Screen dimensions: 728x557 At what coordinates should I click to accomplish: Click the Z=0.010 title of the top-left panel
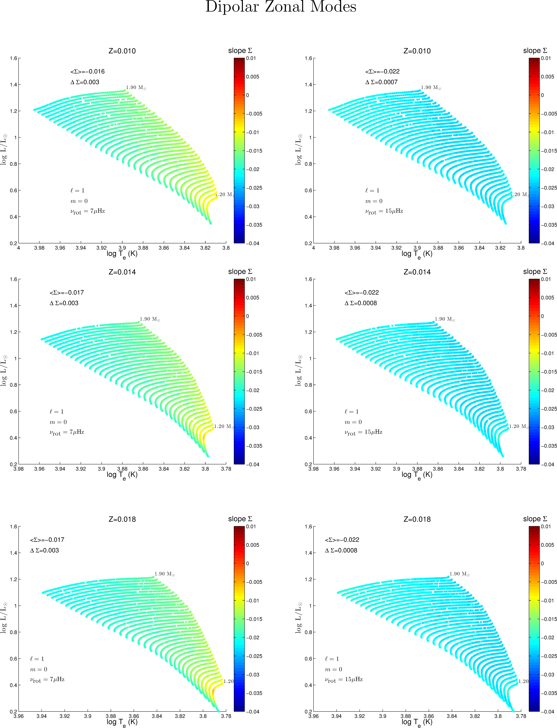coord(122,51)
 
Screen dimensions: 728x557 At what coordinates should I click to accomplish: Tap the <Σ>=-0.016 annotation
coord(88,72)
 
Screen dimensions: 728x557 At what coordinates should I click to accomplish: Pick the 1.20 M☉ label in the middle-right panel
coord(519,426)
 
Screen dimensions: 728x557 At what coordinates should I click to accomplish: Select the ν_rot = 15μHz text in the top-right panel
coord(384,211)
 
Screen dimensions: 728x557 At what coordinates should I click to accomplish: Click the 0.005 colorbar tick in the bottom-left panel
coord(253,545)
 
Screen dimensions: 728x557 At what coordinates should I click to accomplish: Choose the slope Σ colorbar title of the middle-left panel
coord(240,272)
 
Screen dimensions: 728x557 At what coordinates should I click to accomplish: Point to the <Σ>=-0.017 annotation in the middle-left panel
coord(67,292)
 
